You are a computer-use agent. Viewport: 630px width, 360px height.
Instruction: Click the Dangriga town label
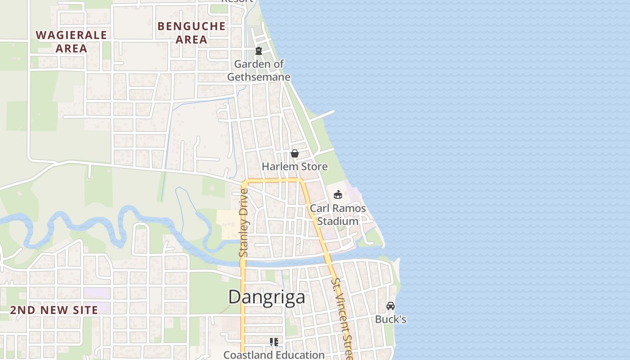[266, 297]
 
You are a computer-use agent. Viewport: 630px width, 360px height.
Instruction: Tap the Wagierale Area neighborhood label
[72, 41]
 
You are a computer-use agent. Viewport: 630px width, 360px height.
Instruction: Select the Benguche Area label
[192, 32]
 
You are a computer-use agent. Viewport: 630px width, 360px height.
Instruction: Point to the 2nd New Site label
[54, 310]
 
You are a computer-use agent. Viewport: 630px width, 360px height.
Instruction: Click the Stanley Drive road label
[244, 223]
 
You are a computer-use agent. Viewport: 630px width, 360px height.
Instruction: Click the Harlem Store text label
[295, 166]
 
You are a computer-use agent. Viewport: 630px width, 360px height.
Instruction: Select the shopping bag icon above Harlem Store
[295, 154]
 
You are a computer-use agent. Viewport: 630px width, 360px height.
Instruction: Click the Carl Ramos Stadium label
[337, 215]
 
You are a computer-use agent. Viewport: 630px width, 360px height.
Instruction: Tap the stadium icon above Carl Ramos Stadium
[337, 194]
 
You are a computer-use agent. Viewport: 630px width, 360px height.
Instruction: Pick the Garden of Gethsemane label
[259, 70]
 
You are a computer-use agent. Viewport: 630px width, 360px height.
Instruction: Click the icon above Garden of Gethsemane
[259, 51]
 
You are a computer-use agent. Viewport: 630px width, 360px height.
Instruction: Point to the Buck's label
[391, 319]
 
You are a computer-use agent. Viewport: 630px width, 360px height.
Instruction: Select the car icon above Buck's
[391, 306]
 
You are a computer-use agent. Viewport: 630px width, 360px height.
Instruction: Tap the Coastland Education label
[274, 355]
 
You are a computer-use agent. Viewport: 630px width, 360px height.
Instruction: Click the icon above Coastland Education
[274, 342]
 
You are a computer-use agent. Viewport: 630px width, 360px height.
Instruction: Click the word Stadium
[338, 221]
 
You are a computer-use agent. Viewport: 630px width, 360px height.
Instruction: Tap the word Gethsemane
[259, 76]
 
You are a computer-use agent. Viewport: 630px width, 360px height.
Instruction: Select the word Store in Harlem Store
[315, 166]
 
